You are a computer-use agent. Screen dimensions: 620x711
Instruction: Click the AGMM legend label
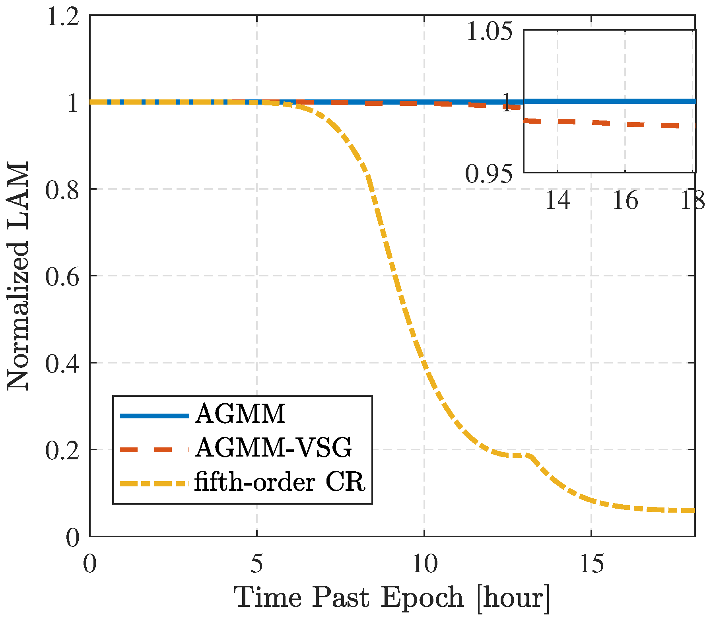coord(240,414)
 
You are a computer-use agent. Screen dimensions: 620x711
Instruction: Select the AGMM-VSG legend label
coord(274,448)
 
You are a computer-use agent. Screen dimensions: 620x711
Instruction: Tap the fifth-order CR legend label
coord(280,482)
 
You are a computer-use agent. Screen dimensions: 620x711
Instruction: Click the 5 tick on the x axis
coord(257,564)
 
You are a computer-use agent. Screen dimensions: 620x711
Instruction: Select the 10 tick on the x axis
coord(424,564)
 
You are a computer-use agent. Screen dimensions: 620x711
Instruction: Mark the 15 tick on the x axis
coord(591,564)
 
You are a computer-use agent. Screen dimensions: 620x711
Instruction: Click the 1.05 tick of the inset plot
coord(490,32)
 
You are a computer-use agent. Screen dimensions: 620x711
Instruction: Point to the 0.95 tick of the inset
coord(489,174)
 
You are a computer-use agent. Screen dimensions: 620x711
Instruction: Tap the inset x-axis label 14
coord(557,200)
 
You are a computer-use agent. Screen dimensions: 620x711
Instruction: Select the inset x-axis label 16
coord(625,200)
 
